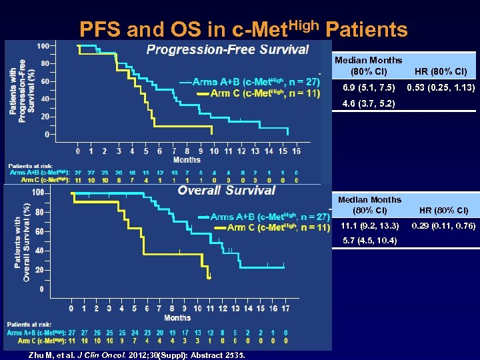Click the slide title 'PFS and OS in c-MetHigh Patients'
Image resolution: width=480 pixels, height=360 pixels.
(x=243, y=29)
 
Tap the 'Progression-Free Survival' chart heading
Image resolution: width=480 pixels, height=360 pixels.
(x=227, y=49)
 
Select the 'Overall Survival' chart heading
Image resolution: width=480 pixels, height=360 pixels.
(x=226, y=191)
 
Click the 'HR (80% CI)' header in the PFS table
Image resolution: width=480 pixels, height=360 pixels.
(x=440, y=71)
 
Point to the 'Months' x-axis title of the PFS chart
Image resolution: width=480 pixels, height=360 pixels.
(x=186, y=160)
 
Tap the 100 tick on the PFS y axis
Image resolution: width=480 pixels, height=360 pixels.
(x=42, y=46)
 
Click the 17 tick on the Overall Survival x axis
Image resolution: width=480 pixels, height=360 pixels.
(x=285, y=309)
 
